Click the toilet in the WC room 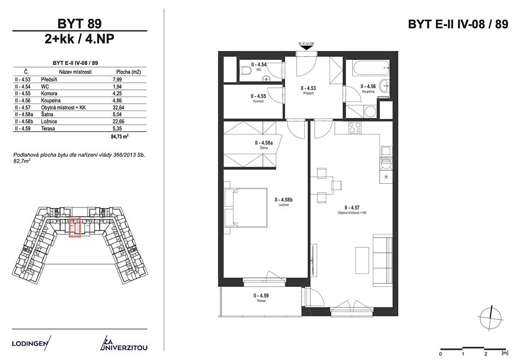246,70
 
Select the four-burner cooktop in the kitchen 355,128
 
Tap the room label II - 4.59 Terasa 261,298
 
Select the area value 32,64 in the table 118,107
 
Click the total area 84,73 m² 120,137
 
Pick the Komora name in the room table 49,94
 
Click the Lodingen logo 31,343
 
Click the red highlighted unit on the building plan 75,227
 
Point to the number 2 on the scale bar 486,354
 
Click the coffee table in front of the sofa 362,260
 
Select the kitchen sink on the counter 386,151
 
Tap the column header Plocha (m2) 128,72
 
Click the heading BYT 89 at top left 79,24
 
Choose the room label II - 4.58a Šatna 264,145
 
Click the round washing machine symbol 370,111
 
